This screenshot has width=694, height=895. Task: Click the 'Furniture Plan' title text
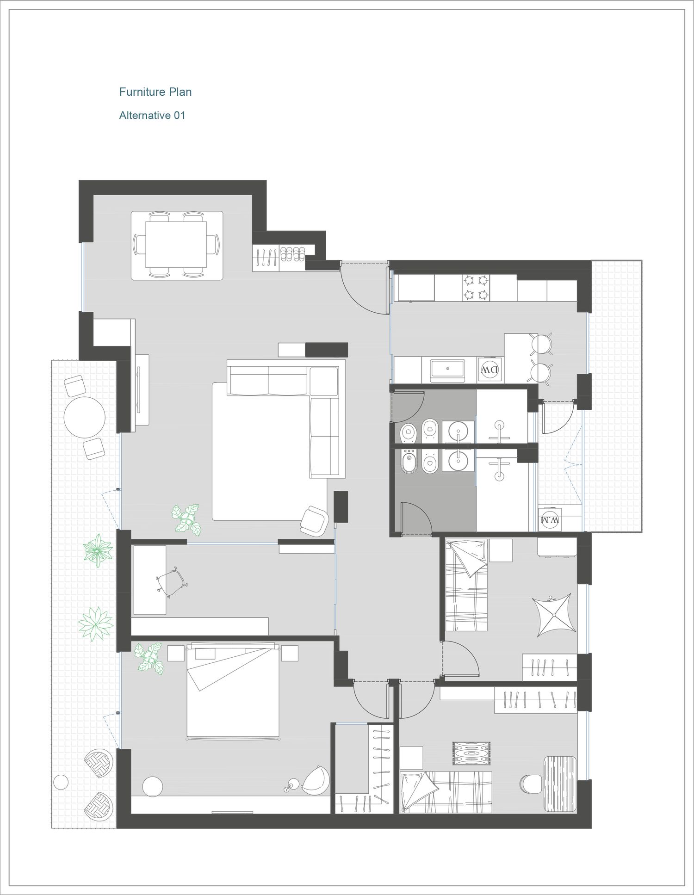[155, 92]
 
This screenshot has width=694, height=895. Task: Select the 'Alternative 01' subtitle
[152, 115]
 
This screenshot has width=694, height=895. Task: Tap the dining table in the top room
[176, 245]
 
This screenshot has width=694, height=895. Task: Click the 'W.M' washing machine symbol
[550, 519]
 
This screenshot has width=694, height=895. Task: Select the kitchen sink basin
[448, 369]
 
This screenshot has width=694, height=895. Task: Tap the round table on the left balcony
[84, 417]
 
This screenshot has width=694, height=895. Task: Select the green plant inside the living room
[186, 520]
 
